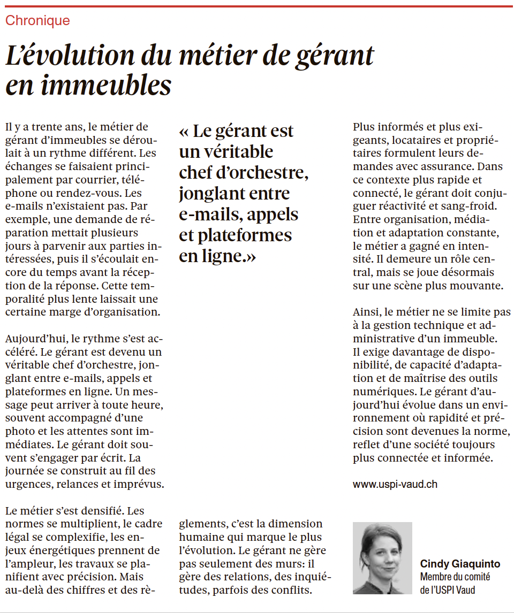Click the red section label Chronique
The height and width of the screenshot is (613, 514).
click(37, 21)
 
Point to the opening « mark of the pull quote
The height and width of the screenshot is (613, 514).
click(184, 132)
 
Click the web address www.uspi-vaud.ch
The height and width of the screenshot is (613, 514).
click(395, 484)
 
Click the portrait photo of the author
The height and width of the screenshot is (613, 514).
click(382, 558)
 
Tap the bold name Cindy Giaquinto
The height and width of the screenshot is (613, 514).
click(460, 564)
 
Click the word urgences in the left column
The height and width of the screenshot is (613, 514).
click(26, 485)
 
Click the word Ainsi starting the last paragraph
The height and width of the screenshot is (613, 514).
click(367, 312)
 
